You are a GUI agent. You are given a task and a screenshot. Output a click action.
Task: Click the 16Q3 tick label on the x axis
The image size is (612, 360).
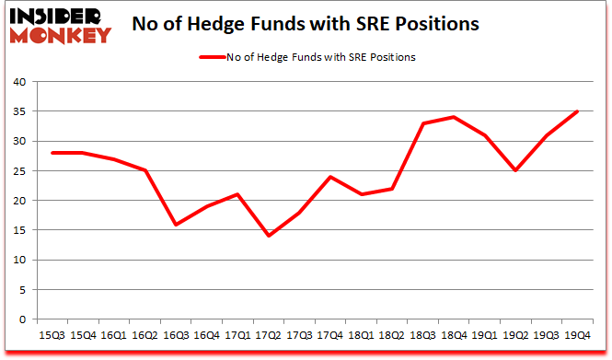coord(176,334)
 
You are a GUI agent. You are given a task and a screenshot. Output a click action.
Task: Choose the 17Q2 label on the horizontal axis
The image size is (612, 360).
coord(270,334)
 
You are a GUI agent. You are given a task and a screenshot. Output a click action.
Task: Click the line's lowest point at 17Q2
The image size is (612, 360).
coord(270,236)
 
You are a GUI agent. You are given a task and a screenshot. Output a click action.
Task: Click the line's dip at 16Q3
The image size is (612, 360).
coord(176,225)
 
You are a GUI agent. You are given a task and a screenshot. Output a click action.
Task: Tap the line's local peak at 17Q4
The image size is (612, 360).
coord(329,177)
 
